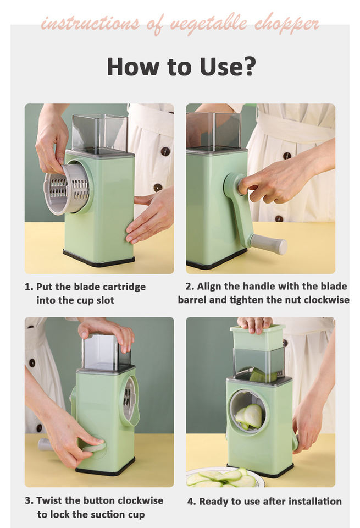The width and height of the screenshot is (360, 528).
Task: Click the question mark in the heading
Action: tap(248, 67)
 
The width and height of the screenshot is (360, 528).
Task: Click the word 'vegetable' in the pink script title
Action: tap(208, 24)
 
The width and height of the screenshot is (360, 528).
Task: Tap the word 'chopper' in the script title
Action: tap(286, 25)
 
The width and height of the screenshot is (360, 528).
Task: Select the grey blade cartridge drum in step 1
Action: tap(67, 188)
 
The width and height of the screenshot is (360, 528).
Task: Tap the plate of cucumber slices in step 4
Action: tap(224, 478)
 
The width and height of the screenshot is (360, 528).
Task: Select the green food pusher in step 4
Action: tap(258, 338)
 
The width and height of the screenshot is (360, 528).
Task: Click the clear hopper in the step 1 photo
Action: tap(100, 134)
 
